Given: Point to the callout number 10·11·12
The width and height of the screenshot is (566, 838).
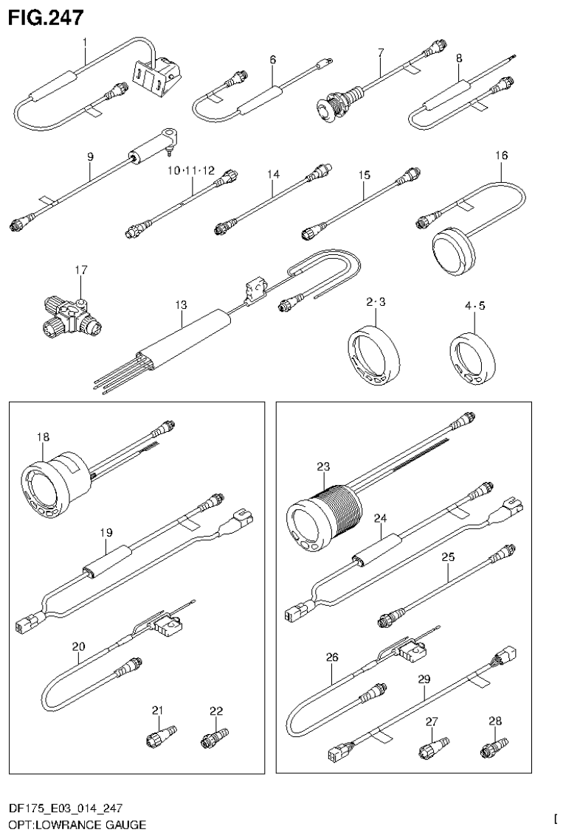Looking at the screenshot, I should [190, 170].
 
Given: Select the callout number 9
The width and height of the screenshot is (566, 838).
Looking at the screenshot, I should [90, 156].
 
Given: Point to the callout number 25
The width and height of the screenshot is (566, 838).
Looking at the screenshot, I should [448, 557].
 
